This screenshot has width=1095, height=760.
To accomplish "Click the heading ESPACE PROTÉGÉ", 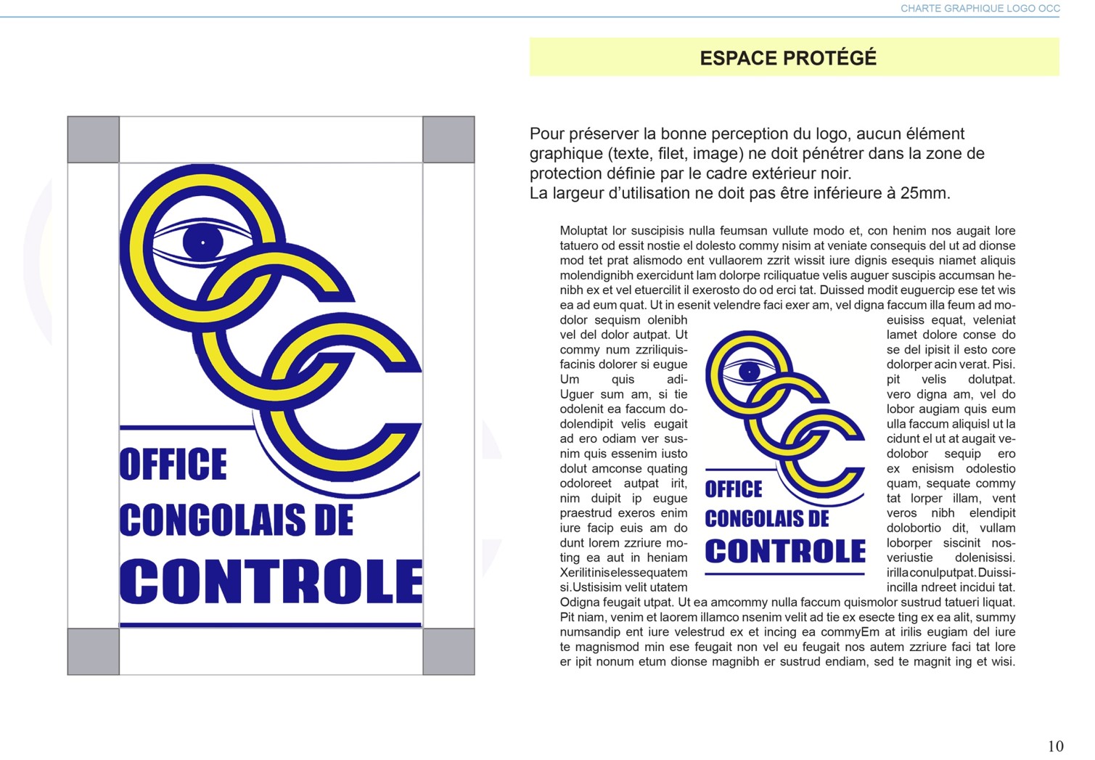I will (788, 58).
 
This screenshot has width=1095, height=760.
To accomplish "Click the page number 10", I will (1055, 746).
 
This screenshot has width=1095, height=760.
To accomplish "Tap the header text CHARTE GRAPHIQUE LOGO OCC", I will (980, 9).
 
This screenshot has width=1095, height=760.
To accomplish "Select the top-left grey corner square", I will (94, 139).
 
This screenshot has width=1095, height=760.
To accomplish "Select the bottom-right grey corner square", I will (448, 652).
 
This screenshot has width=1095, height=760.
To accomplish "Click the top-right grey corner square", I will (448, 139).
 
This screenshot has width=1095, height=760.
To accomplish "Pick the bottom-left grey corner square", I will (94, 652).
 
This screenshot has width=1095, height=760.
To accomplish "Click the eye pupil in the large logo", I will (202, 242).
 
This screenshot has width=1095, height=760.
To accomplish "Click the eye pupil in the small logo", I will (749, 372).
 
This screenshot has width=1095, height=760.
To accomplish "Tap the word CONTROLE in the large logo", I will (271, 582).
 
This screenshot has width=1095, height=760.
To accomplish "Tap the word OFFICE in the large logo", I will (173, 465).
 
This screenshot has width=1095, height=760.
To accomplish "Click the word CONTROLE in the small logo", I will (785, 552).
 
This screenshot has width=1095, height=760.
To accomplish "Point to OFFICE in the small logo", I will (734, 489).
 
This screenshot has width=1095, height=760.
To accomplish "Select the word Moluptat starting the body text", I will (583, 231).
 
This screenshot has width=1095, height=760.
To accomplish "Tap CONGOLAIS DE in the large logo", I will (237, 520).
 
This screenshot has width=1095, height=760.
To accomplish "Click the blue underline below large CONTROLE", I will (271, 624).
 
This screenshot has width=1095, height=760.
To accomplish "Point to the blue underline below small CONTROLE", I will (785, 573).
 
